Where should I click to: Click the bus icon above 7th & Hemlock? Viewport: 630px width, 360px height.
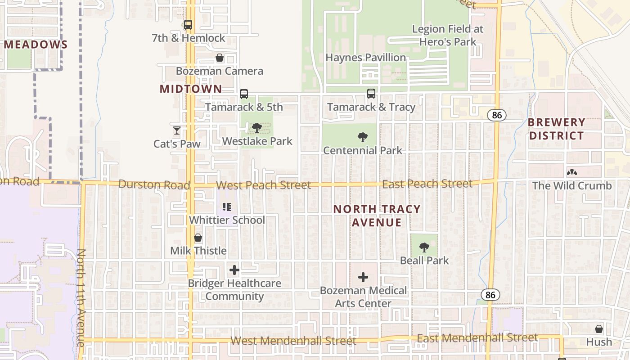click(x=188, y=25)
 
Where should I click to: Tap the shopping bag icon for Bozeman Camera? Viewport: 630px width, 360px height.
click(x=220, y=58)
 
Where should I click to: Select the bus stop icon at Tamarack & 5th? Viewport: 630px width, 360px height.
click(x=244, y=94)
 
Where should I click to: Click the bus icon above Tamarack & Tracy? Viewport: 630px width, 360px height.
click(x=371, y=94)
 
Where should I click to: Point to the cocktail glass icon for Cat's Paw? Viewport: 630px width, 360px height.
click(x=176, y=130)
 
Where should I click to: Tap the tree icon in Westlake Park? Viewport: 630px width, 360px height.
click(x=257, y=128)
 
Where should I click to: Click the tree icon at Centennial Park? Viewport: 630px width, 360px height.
click(x=362, y=137)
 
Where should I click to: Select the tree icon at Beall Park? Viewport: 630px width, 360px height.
click(x=424, y=247)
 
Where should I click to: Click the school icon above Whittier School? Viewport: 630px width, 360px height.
click(x=227, y=207)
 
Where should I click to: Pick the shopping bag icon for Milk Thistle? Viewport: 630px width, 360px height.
click(x=198, y=238)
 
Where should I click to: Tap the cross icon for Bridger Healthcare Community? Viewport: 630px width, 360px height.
click(x=234, y=270)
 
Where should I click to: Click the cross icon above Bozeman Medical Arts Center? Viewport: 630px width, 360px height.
click(x=363, y=277)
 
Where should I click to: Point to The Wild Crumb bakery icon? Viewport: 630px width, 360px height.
click(x=572, y=172)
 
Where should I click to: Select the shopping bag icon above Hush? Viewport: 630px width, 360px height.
click(x=599, y=329)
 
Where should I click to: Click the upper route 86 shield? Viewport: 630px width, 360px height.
click(x=496, y=115)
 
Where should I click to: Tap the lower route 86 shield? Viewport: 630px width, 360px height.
click(x=490, y=295)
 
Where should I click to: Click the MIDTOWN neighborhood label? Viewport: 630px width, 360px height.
click(x=191, y=89)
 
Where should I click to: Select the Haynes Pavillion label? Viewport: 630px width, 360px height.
click(x=365, y=58)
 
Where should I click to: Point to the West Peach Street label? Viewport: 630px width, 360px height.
click(x=263, y=185)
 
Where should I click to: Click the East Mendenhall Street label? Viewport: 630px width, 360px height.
click(x=477, y=337)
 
